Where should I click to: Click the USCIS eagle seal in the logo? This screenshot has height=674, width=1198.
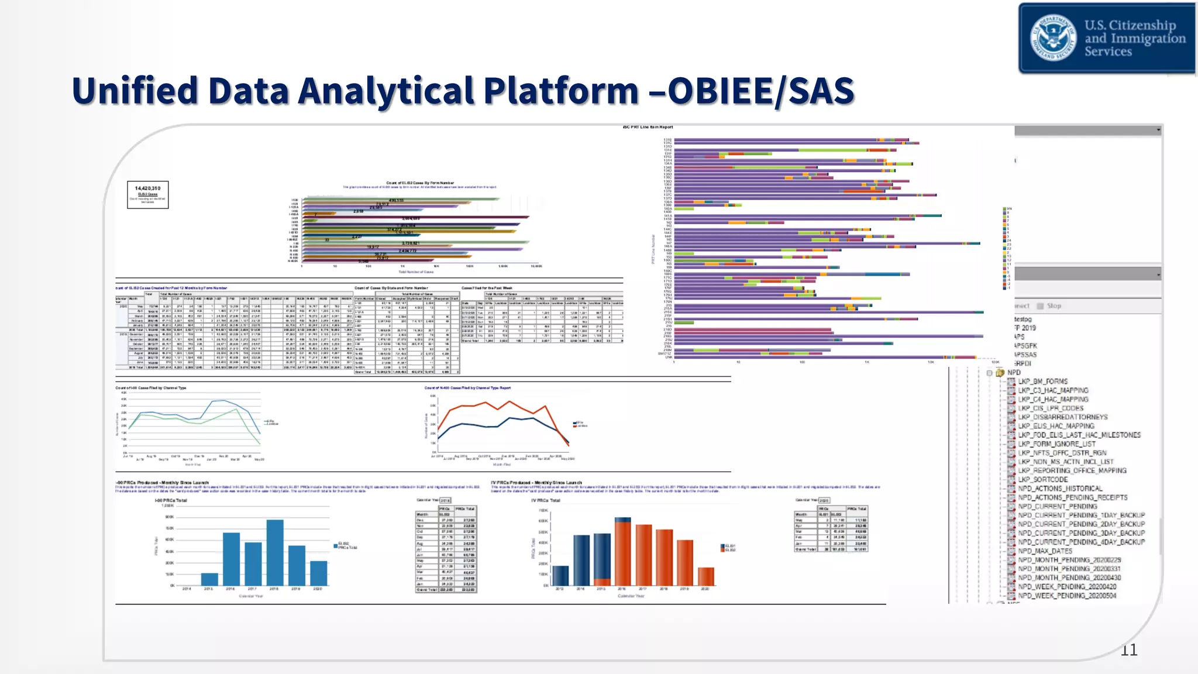pos(1053,37)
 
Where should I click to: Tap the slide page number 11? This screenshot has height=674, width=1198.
pos(1128,649)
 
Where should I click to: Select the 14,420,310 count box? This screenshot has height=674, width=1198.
pos(148,194)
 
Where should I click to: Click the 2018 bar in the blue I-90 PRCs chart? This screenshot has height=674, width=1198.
pos(275,552)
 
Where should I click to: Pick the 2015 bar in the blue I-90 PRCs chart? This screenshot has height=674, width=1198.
pos(209,579)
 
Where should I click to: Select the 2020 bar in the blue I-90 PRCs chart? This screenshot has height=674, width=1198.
pos(318,573)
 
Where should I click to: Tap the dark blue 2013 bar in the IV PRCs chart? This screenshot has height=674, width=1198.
pos(560,575)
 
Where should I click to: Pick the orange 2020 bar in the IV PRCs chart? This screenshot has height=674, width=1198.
pos(706,576)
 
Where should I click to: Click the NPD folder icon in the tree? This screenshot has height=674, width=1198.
pos(1000,373)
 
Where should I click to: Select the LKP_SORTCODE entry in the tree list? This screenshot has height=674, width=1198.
pos(1042,479)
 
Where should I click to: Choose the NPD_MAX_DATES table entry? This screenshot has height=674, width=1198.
pos(1045,551)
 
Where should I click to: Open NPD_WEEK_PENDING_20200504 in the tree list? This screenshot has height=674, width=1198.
pos(1066,596)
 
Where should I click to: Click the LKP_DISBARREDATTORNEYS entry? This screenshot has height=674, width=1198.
pos(1062,417)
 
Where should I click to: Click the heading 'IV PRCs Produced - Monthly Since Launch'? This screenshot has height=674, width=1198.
pos(536,483)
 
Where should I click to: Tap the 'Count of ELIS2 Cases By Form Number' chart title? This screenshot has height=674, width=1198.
pos(419,183)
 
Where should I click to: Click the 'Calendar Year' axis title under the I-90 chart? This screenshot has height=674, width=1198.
pos(251,596)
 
